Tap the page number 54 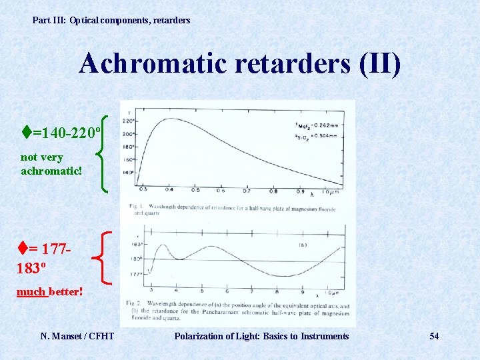point(434,336)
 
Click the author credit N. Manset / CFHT point(77,336)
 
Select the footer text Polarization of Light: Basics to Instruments point(261,336)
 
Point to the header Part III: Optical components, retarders point(111,20)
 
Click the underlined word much point(31,292)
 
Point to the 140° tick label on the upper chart point(129,173)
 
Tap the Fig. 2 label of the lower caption point(137,303)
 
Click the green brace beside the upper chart point(103,153)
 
